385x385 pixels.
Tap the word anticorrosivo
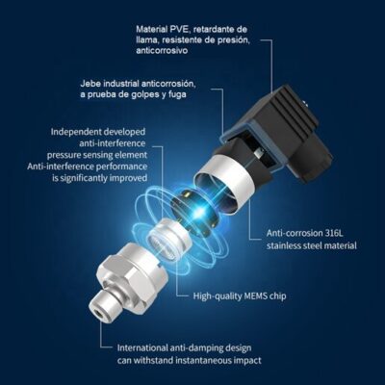coord(162,51)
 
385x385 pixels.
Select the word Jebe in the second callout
coord(89,84)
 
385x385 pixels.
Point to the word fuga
coord(177,95)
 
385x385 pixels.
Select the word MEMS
coord(256,295)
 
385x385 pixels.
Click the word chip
coord(278,295)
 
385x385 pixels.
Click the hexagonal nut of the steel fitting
coord(128,269)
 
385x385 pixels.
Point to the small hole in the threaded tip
coord(98,312)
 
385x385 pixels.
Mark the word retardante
coord(212,30)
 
